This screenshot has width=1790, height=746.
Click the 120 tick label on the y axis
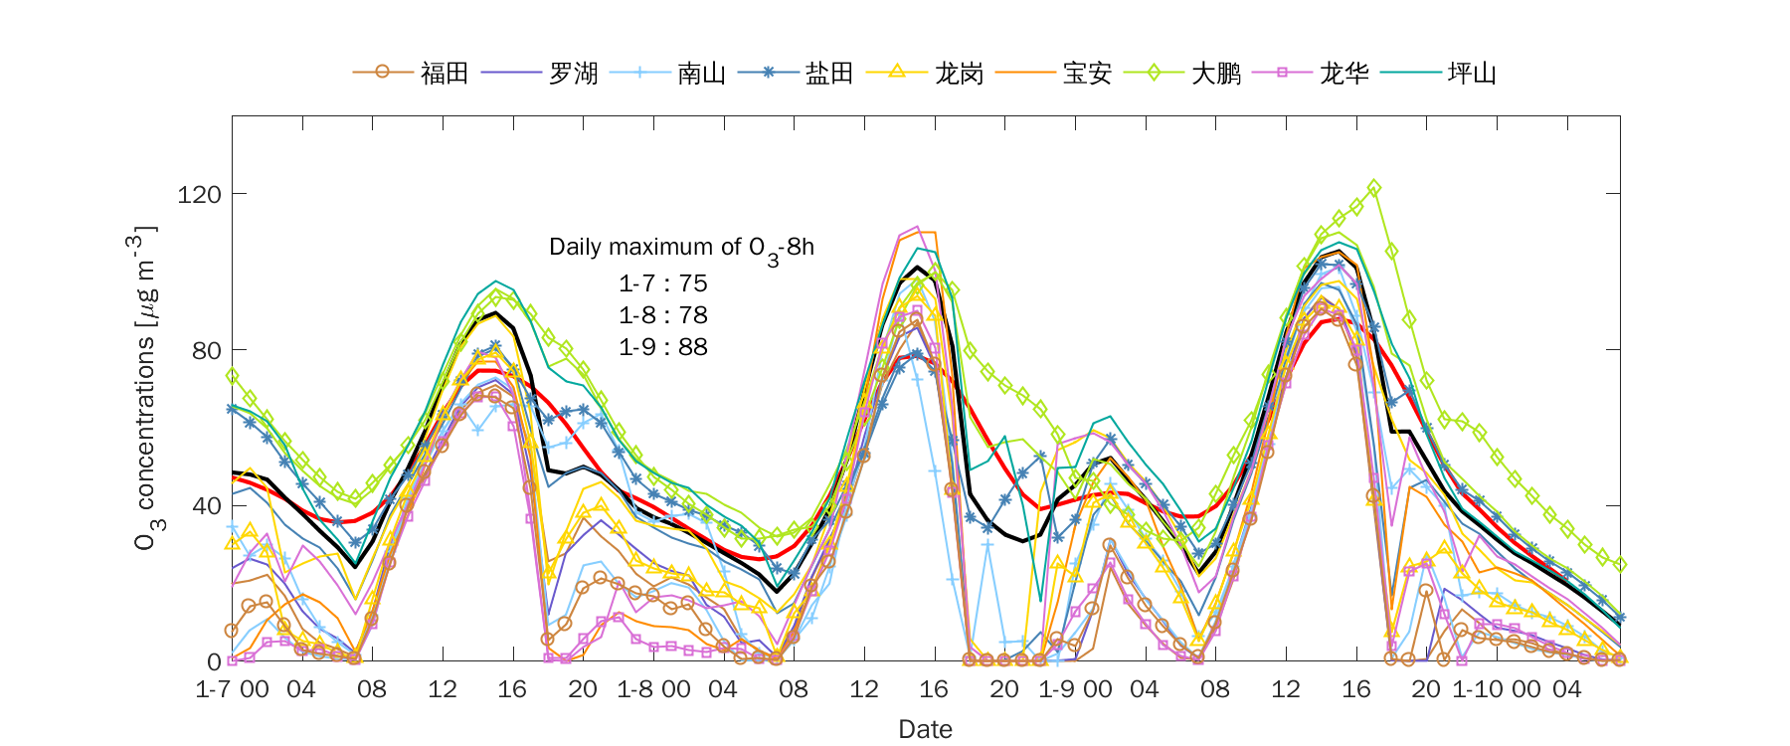pos(199,194)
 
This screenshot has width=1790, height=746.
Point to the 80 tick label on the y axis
pos(206,350)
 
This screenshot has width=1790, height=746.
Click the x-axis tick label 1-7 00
pos(232,689)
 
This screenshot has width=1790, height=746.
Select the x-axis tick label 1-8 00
pos(653,689)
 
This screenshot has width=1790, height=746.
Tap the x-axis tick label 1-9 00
pos(1075,689)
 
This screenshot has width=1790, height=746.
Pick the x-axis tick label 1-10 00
pos(1497,689)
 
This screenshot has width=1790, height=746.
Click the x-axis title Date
pos(925,729)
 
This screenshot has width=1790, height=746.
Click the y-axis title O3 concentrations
pos(145,388)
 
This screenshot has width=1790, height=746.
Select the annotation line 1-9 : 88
pos(663,347)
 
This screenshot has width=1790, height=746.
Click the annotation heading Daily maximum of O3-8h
pos(681,248)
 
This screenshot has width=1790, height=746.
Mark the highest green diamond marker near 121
pos(1374,188)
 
